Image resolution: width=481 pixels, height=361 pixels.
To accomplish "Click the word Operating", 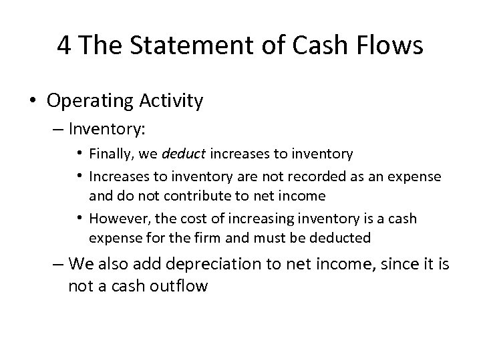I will click(x=89, y=101).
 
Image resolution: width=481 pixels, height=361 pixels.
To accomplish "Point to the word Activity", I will click(x=170, y=101).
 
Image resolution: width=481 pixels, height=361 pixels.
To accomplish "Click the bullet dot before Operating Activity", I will click(x=33, y=102).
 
